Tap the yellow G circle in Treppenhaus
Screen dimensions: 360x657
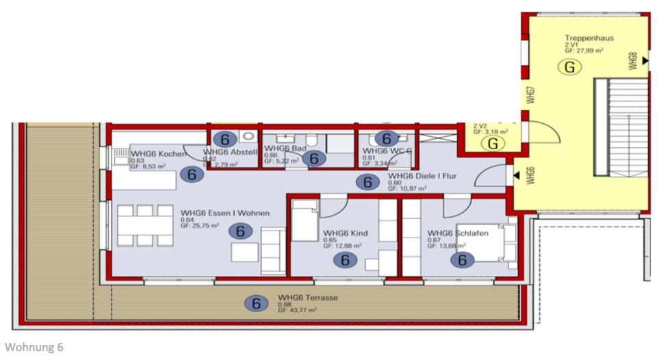(x=569, y=67)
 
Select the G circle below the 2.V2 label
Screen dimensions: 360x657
(x=491, y=144)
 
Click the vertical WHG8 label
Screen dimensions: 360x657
(x=632, y=60)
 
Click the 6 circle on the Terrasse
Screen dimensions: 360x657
(x=256, y=303)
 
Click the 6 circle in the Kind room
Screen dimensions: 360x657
(x=345, y=259)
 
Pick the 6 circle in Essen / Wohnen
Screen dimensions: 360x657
(x=240, y=231)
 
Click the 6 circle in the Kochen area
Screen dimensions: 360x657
(x=192, y=175)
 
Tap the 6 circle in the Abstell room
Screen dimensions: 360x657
(x=229, y=138)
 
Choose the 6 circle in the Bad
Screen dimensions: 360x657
(x=315, y=158)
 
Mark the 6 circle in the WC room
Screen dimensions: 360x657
(x=386, y=138)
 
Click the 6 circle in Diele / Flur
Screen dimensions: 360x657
(x=368, y=182)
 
